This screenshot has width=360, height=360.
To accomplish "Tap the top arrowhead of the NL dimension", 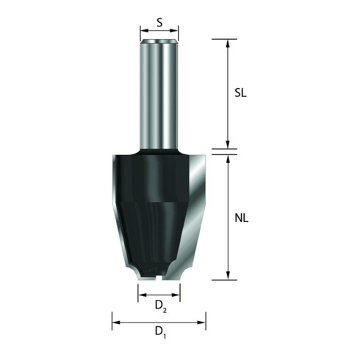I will coord(227,156).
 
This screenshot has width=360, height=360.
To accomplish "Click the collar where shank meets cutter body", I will coord(159,151).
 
